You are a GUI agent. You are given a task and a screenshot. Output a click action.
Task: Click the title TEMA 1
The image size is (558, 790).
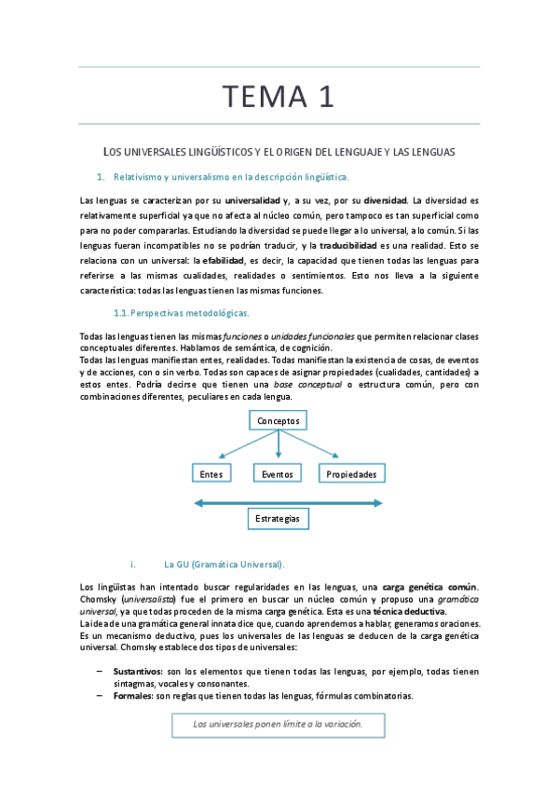click(278, 95)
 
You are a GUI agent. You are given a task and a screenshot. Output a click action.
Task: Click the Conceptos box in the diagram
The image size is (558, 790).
click(279, 421)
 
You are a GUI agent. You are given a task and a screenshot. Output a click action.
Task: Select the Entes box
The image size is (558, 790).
click(211, 474)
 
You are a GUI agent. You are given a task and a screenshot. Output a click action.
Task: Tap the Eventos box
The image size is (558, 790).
click(278, 474)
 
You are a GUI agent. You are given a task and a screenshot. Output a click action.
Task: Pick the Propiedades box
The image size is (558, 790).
click(351, 474)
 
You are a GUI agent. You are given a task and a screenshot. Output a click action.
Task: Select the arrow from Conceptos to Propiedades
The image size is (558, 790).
click(317, 446)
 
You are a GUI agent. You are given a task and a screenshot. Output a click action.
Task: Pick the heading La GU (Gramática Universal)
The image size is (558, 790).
click(224, 564)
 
